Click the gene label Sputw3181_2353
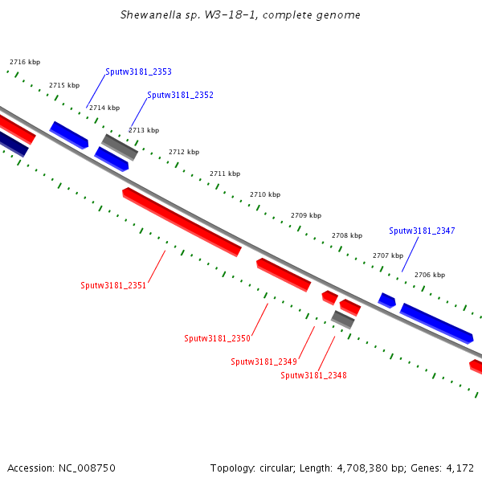tap(138, 71)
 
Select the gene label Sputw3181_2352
tap(180, 95)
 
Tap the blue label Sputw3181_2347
tap(422, 231)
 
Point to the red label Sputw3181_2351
tap(113, 285)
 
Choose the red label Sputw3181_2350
tap(217, 338)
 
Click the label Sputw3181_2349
tap(263, 361)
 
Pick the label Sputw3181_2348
tap(313, 375)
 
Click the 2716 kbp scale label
tap(25, 62)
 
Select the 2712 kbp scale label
tap(184, 152)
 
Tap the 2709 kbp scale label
tap(305, 215)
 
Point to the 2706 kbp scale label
tap(429, 275)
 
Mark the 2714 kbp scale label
tap(104, 108)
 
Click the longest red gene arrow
tap(182, 223)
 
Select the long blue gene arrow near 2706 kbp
tap(436, 322)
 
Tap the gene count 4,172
tap(458, 468)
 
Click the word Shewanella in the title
tap(153, 14)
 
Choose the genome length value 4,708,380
tap(357, 468)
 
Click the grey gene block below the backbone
tap(343, 319)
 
